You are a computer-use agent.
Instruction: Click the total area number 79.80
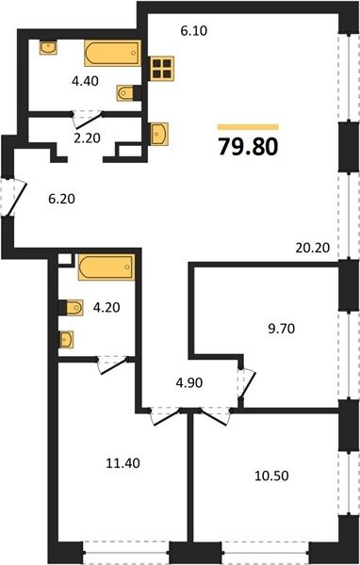[x=248, y=147]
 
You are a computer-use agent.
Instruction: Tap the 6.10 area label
[x=194, y=31]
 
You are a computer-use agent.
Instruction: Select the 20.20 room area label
[x=312, y=248]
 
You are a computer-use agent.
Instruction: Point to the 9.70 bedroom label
[x=282, y=329]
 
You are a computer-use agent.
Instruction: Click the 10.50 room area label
[x=271, y=476]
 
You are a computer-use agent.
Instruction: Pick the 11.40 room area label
[x=123, y=463]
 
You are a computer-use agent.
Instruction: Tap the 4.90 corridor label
[x=189, y=382]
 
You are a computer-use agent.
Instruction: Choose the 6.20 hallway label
[x=61, y=199]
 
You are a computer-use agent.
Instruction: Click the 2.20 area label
[x=87, y=137]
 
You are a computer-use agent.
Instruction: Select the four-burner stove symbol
[x=161, y=69]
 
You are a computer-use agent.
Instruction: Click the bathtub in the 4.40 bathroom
[x=112, y=53]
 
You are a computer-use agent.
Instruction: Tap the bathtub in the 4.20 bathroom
[x=106, y=267]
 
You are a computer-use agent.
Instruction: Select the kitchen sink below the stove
[x=159, y=134]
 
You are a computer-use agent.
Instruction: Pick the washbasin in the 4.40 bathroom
[x=48, y=48]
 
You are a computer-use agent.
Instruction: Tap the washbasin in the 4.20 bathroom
[x=67, y=339]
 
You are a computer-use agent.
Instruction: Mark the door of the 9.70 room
[x=247, y=382]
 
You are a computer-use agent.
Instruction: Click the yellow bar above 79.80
[x=248, y=127]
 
